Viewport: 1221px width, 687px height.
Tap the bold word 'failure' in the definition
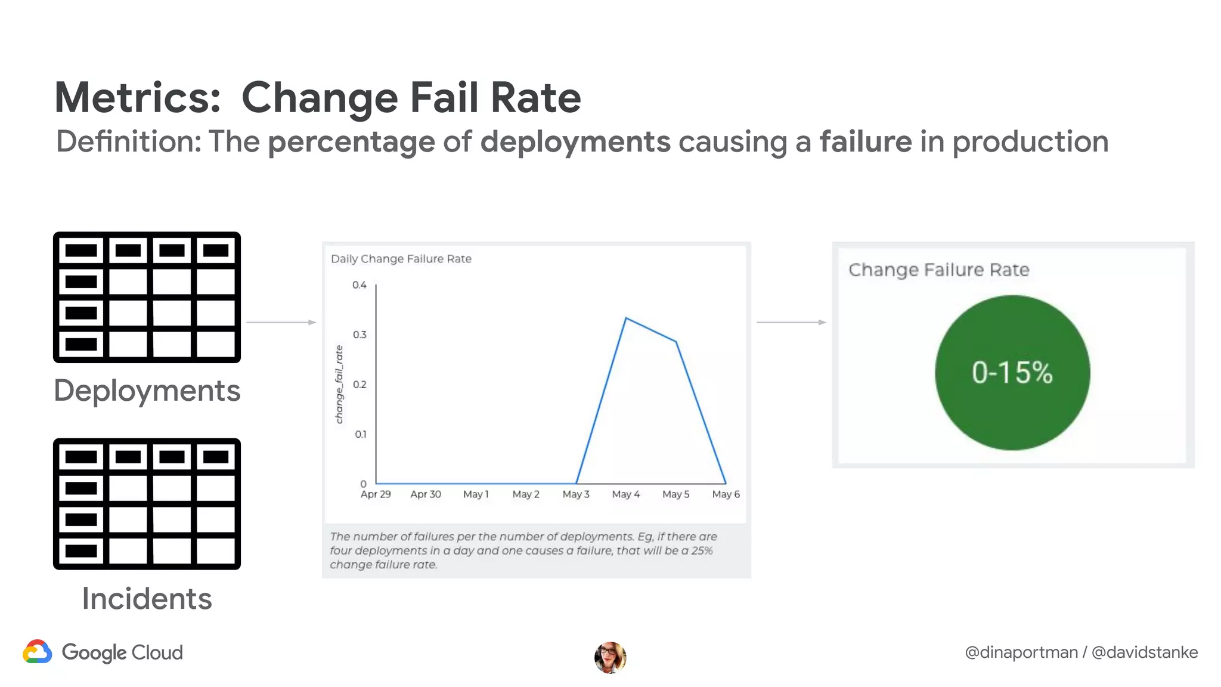click(x=865, y=142)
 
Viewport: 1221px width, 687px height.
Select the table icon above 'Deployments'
click(x=147, y=297)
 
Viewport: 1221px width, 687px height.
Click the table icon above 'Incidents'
click(x=147, y=504)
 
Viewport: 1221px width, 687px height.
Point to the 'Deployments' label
click(x=147, y=391)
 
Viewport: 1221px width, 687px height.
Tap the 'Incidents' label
click(x=147, y=599)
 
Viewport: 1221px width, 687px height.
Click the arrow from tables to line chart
click(x=281, y=323)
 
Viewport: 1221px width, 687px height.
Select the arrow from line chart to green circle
click(x=791, y=323)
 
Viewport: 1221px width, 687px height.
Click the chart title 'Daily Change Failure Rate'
click(x=401, y=259)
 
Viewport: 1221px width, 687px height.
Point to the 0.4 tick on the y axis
click(x=360, y=285)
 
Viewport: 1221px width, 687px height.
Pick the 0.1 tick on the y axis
click(x=361, y=434)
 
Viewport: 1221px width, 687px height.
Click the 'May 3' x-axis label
click(x=575, y=494)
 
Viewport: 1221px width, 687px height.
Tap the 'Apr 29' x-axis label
click(x=376, y=494)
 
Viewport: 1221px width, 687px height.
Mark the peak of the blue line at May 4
click(x=626, y=318)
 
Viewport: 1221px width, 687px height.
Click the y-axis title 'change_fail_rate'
click(x=339, y=385)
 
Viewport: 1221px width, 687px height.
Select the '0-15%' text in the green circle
click(x=1012, y=373)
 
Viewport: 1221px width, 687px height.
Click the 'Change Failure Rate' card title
click(x=938, y=270)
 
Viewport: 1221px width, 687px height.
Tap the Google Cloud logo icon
click(x=38, y=652)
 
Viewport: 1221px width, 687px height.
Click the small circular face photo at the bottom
click(x=610, y=657)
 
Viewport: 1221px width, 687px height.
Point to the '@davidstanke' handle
click(x=1144, y=652)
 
